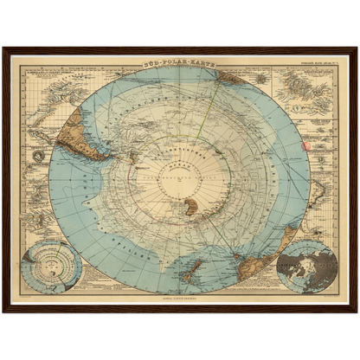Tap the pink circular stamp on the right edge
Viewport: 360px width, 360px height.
[x=304, y=145]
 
